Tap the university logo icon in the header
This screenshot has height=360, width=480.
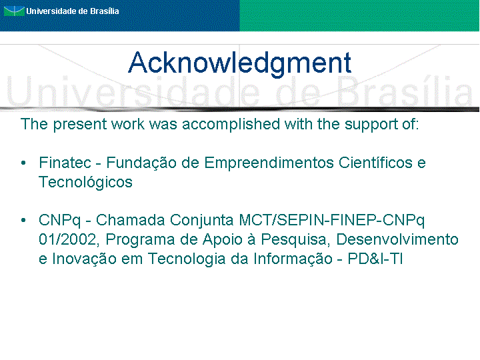point(14,11)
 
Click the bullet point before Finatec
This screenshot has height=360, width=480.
point(23,163)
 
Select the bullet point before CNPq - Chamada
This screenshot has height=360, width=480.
point(23,220)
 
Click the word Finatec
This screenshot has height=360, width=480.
point(65,163)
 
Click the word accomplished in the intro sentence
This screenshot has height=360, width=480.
point(231,125)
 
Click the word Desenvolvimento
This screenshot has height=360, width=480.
point(397,239)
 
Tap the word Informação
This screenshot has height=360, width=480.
point(293,259)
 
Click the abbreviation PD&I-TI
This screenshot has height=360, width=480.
point(375,259)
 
